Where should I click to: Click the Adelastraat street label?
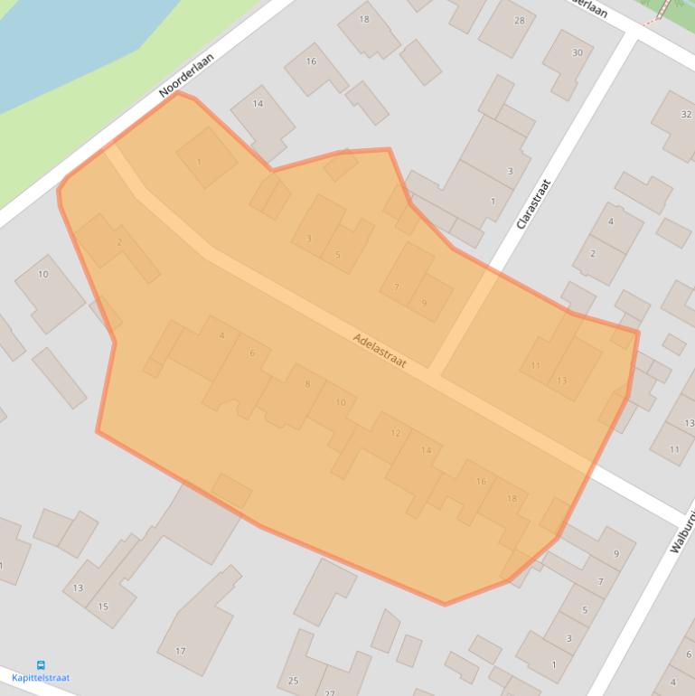pyautogui.click(x=380, y=350)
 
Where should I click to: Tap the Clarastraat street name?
pyautogui.click(x=533, y=203)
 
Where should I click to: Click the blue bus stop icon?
pyautogui.click(x=41, y=665)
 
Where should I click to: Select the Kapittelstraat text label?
pyautogui.click(x=41, y=678)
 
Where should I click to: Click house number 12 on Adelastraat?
pyautogui.click(x=395, y=434)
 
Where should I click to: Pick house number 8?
pyautogui.click(x=307, y=384)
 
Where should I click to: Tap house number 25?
pyautogui.click(x=293, y=681)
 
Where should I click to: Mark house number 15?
pyautogui.click(x=103, y=607)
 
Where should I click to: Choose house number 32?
pyautogui.click(x=686, y=114)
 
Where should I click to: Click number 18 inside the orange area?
pyautogui.click(x=512, y=499)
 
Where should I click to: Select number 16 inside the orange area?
pyautogui.click(x=481, y=482)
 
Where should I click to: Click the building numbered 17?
pyautogui.click(x=181, y=651)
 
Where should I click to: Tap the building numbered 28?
pyautogui.click(x=519, y=20)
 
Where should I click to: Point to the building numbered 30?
pyautogui.click(x=578, y=52)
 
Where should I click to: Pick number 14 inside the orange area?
pyautogui.click(x=427, y=450)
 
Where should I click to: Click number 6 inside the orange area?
pyautogui.click(x=252, y=353)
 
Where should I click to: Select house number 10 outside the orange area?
pyautogui.click(x=43, y=274)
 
